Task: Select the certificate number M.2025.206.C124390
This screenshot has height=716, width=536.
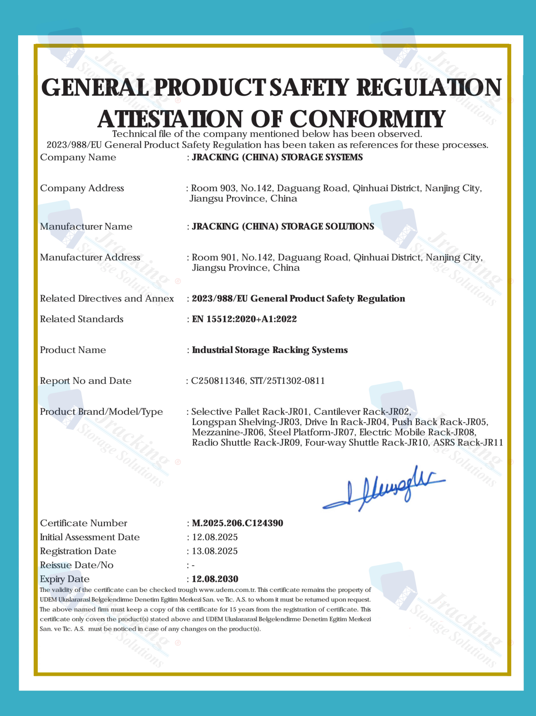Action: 237,523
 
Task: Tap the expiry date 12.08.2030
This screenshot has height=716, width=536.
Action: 215,579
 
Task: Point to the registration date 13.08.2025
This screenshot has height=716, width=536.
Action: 215,551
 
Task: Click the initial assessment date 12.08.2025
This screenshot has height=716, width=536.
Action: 215,537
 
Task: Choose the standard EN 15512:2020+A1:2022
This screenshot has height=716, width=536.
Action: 244,319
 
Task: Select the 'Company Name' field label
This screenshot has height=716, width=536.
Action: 78,157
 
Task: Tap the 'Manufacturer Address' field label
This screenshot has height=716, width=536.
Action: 90,257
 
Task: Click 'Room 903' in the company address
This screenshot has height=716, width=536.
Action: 213,188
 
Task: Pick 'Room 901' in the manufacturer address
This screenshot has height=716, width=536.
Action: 214,257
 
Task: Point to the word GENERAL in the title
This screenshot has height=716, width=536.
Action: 95,88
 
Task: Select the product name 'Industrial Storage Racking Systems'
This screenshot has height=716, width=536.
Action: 270,350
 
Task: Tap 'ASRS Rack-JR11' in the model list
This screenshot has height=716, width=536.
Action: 468,443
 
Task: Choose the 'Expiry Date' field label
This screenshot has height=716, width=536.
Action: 65,579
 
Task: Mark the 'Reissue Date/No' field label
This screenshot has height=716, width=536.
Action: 77,565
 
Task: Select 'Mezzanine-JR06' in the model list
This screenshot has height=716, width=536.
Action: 228,432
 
